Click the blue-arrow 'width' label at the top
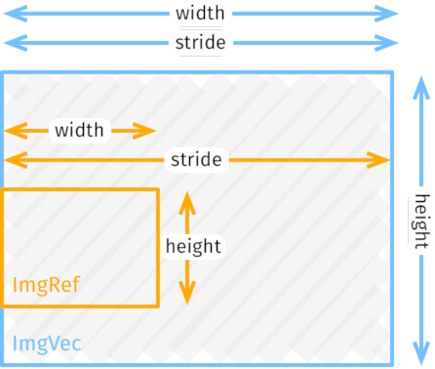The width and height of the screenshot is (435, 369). pos(200,14)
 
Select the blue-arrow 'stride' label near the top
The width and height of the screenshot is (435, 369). pos(200,43)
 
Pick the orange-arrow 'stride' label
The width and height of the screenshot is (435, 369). pos(195,159)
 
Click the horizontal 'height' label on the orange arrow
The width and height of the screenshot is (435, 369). pos(193,246)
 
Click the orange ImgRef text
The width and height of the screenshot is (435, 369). pos(46,285)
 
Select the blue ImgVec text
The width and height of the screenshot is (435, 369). pos(47,343)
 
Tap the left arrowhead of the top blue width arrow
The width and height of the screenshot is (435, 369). pos(10,14)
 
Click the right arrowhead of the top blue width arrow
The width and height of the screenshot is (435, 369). pos(393,14)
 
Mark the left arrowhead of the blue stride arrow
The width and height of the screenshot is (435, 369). pos(10,43)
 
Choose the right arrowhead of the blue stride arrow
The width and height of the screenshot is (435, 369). pos(393,43)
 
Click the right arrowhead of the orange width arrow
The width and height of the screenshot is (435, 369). pos(150,130)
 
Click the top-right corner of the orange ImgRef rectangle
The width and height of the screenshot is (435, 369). pos(157,190)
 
